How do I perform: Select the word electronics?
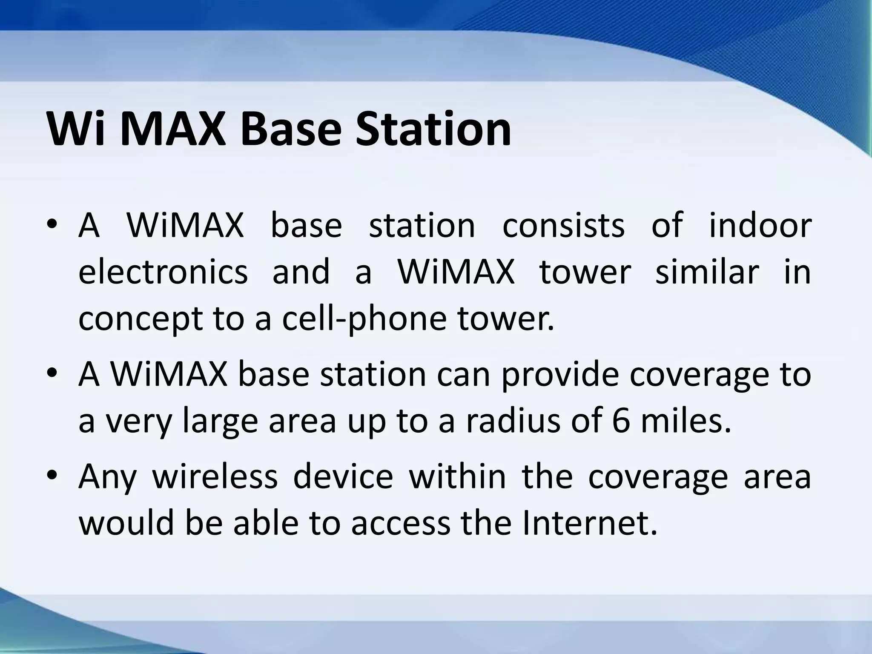click(x=163, y=272)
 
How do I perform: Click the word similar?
click(x=707, y=272)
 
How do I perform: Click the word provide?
click(x=559, y=375)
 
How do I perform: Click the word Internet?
click(x=589, y=523)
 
